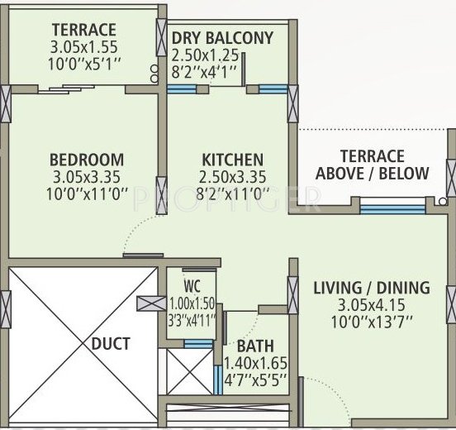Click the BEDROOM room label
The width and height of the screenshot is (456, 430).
pos(86,159)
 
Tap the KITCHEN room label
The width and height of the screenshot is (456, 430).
pos(232,159)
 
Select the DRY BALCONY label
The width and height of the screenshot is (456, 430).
pos(221,37)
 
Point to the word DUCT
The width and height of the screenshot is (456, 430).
pos(110,343)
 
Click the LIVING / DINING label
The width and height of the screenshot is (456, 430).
pos(372,288)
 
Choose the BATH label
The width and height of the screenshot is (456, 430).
pos(255,346)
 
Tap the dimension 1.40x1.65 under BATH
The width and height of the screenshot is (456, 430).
pos(255,362)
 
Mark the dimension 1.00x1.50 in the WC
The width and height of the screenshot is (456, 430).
pos(192,303)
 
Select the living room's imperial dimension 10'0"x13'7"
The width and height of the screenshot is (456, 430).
pos(372,320)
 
